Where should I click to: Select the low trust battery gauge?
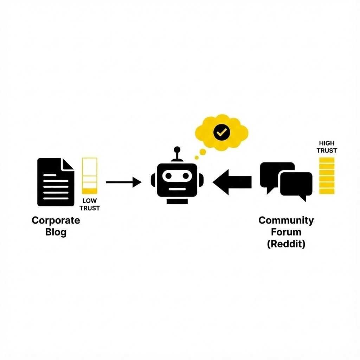(x=90, y=176)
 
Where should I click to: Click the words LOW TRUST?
(x=90, y=204)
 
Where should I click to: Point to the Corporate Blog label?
(x=56, y=226)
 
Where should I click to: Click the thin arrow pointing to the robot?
(x=123, y=182)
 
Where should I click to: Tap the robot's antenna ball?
(x=177, y=149)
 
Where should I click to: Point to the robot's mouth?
(x=177, y=188)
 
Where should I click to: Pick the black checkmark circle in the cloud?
(x=221, y=132)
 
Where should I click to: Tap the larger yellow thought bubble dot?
(x=202, y=152)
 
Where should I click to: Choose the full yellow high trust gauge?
(x=327, y=176)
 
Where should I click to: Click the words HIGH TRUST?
(x=327, y=147)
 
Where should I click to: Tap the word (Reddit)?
(x=286, y=244)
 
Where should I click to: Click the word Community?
(x=286, y=220)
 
